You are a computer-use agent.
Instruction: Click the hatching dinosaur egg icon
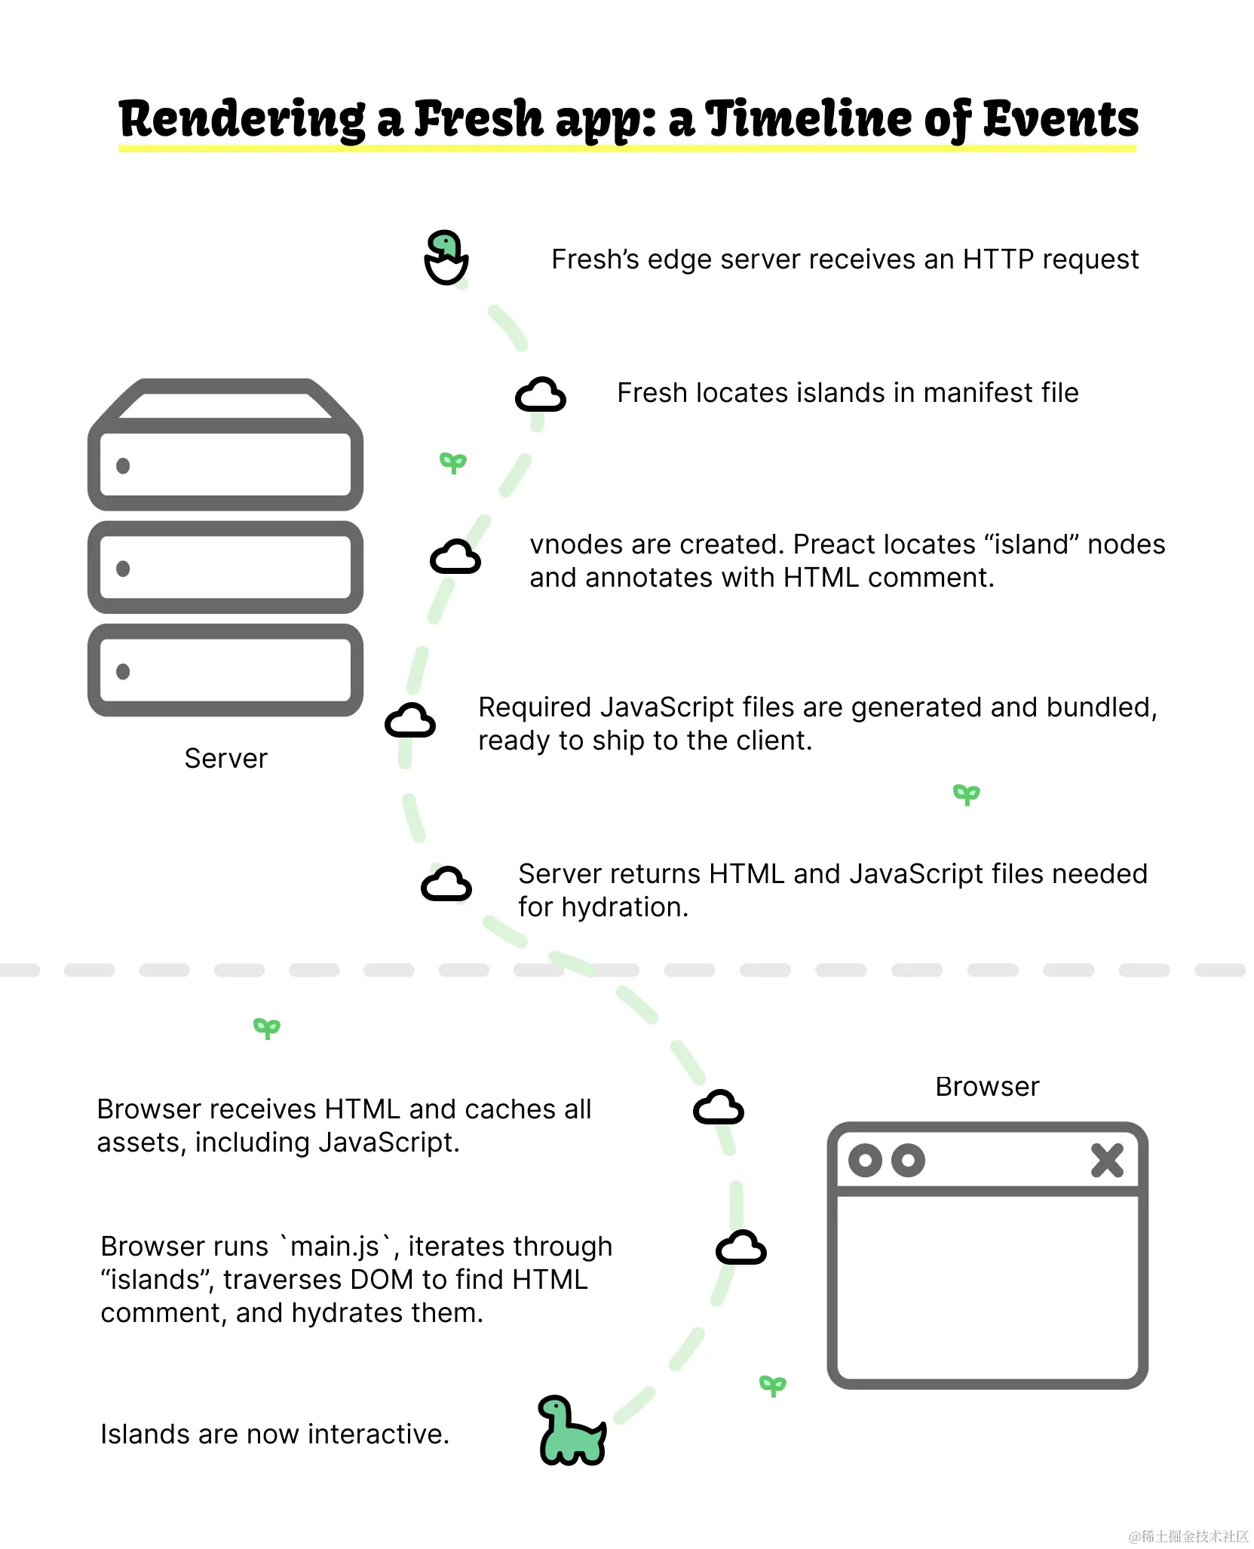(446, 257)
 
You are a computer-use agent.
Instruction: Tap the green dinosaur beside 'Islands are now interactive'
(571, 1431)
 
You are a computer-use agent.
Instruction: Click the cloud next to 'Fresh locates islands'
(540, 394)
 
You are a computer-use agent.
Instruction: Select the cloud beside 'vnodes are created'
(455, 557)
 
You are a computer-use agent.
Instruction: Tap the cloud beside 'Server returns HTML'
(446, 884)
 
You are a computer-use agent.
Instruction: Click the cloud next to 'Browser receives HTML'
(718, 1108)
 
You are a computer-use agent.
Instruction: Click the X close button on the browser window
(1106, 1160)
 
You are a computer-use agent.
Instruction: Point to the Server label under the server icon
(225, 758)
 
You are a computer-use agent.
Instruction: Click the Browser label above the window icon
(986, 1086)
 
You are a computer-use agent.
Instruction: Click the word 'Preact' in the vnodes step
(836, 544)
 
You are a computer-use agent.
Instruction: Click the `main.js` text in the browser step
(335, 1247)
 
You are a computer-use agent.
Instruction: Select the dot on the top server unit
(123, 466)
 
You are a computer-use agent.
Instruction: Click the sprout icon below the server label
(267, 1028)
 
